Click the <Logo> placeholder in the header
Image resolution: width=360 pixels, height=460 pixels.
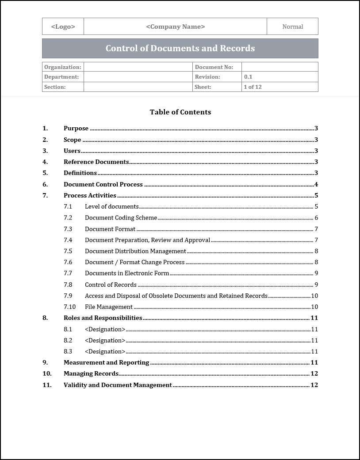[63, 27]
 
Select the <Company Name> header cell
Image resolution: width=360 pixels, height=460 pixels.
[175, 27]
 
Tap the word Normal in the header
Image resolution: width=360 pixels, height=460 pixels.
[292, 27]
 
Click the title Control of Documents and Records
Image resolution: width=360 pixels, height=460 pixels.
[180, 49]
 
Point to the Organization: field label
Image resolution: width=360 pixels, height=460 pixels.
[63, 67]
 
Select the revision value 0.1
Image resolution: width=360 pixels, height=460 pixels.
[248, 77]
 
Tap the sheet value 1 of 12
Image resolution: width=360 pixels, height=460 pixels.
[253, 87]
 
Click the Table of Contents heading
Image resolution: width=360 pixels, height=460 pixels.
[180, 112]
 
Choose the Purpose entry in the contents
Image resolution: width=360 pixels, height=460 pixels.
[76, 129]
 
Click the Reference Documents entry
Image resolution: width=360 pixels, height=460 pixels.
[96, 162]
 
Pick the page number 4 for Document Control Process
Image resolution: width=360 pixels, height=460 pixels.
[316, 184]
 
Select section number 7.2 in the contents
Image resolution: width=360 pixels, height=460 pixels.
[68, 218]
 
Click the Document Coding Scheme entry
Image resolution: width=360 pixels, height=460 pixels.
[121, 218]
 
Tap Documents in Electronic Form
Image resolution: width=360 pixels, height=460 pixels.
[127, 274]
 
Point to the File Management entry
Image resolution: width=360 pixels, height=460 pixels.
[108, 307]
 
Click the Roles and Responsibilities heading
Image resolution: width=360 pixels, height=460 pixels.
[103, 318]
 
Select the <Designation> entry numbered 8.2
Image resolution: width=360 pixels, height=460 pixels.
[105, 340]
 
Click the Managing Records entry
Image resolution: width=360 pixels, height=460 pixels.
[91, 374]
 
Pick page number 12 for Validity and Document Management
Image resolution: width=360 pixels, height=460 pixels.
[314, 385]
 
